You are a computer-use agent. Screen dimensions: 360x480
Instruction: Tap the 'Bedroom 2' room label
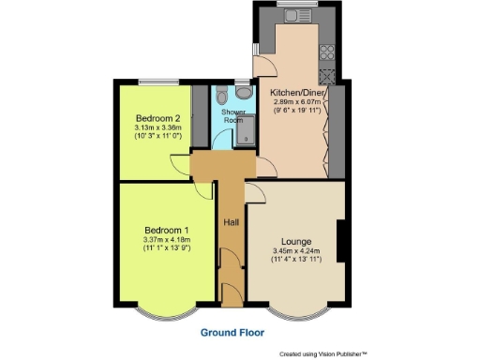tap(157, 119)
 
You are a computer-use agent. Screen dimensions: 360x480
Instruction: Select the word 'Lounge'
tap(295, 242)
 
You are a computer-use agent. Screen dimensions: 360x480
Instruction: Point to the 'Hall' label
tap(230, 222)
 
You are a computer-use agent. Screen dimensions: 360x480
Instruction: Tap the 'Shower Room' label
tap(233, 116)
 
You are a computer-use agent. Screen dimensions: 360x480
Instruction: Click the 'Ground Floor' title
tap(232, 332)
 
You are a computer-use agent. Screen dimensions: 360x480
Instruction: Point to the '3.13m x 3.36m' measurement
tap(157, 129)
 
